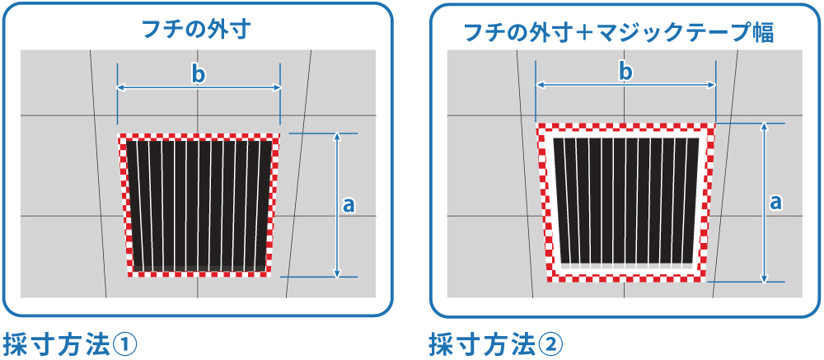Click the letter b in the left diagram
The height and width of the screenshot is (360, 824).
[198, 74]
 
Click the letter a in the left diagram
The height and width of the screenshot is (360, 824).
[348, 205]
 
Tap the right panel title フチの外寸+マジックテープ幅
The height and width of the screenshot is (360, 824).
[618, 32]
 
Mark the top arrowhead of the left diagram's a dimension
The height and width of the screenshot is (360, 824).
[336, 137]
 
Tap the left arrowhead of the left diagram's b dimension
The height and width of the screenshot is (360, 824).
[121, 86]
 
